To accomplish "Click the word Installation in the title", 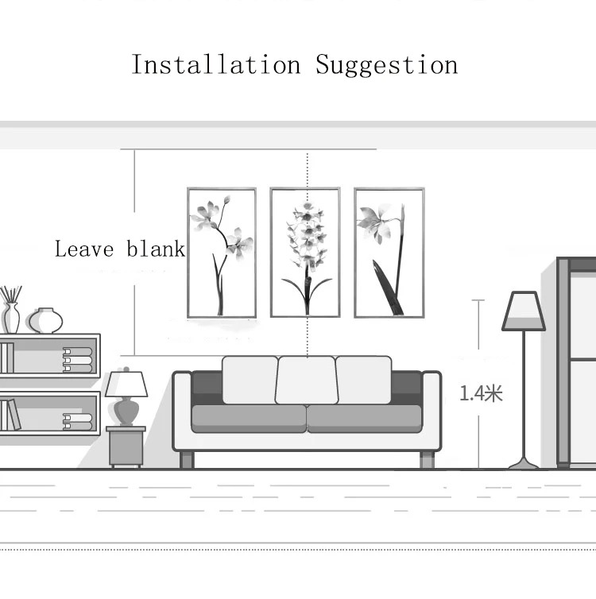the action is point(216,64).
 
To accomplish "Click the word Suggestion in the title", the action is point(386,65).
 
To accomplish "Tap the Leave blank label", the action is point(120,249).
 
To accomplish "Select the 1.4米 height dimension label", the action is point(481,393).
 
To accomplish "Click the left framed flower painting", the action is point(222,253).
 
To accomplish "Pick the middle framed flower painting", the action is point(305,253).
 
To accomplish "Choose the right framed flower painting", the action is point(389,253).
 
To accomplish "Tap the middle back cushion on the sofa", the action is point(307,380).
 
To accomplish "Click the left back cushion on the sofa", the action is point(250,380).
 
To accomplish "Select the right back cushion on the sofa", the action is point(363,380).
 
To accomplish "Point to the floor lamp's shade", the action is point(524,311).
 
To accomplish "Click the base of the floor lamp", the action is point(524,464).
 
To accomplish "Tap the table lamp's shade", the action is point(126,384).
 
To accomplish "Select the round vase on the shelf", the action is point(46,320).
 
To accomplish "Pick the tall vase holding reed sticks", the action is point(11,318).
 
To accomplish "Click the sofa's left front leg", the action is point(187,460).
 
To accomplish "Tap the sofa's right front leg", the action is point(428,460).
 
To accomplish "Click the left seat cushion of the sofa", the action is point(249,419).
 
